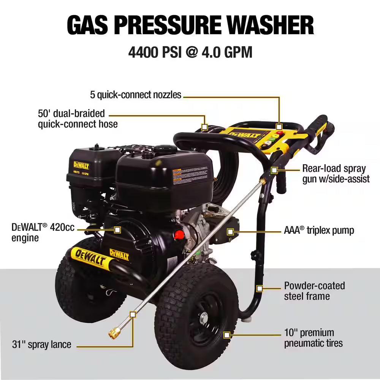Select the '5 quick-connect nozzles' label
point(136,95)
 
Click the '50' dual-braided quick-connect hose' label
point(78,119)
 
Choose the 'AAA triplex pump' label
point(319,230)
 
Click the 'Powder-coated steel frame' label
point(314,291)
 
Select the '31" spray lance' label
point(41,345)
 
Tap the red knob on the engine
point(179,235)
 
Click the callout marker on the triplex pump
point(230,231)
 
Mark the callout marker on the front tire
point(227,335)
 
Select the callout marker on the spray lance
point(133,314)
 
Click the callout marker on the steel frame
point(260,288)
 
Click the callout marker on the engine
point(117,230)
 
